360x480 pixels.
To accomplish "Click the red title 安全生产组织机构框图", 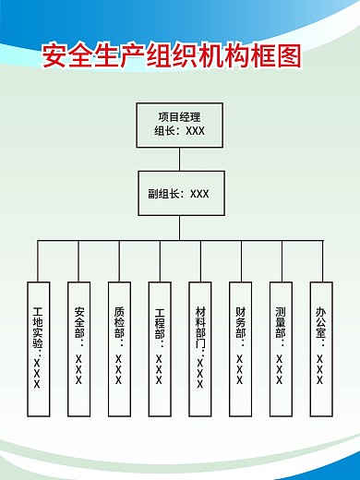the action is [x=173, y=56].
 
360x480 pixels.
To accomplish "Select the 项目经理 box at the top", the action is [x=179, y=125].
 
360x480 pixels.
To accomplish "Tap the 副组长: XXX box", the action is [x=179, y=194].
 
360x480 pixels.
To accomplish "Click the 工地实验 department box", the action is [x=38, y=346].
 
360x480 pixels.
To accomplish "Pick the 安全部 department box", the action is [x=78, y=346].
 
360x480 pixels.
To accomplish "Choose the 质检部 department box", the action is [x=119, y=346].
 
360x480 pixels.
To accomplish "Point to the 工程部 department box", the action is [x=160, y=346].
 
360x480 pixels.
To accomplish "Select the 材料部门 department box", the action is [x=200, y=346].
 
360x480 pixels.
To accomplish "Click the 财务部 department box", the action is [x=240, y=346].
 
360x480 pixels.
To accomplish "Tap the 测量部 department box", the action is [x=281, y=346].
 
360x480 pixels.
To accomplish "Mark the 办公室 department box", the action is [x=320, y=346].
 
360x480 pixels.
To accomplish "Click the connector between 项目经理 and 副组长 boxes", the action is [x=179, y=159].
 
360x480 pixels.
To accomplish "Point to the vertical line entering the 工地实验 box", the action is [x=38, y=261].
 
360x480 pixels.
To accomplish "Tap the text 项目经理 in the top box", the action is [x=179, y=116].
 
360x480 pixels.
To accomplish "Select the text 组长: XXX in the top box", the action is [x=179, y=131].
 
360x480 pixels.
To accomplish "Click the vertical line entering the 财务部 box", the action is [x=241, y=261].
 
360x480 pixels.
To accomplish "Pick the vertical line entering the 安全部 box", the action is [x=78, y=261].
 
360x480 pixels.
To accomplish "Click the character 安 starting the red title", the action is [x=55, y=56].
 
